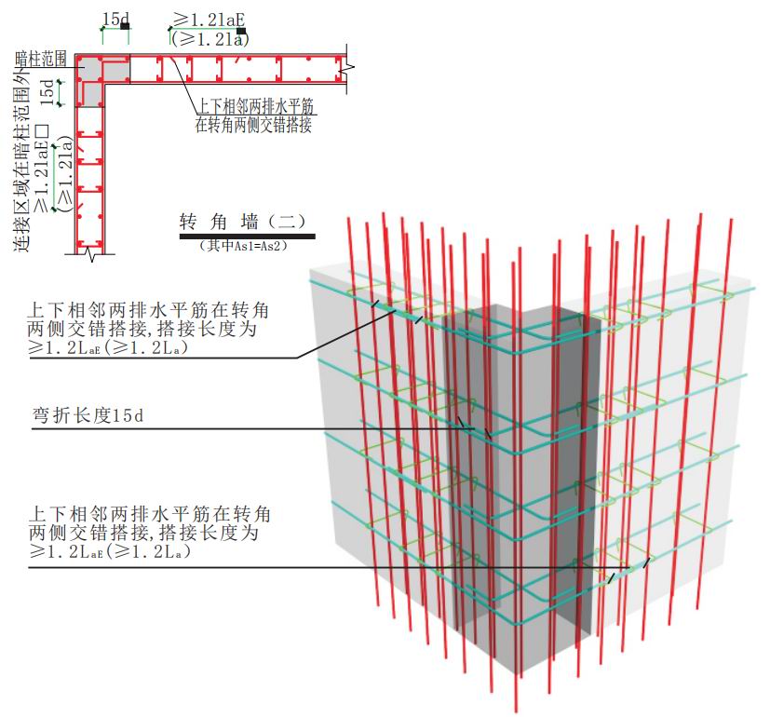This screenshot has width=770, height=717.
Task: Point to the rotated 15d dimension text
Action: pyautogui.click(x=47, y=92)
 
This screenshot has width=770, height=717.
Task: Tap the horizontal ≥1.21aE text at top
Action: pyautogui.click(x=209, y=20)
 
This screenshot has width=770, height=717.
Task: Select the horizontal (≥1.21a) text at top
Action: pyautogui.click(x=209, y=38)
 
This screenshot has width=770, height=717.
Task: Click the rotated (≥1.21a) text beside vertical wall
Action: pyautogui.click(x=65, y=174)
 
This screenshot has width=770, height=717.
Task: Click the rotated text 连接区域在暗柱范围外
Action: pyautogui.click(x=22, y=156)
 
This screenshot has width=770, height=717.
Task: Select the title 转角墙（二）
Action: pyautogui.click(x=243, y=222)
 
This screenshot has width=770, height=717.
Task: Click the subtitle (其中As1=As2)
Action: pyautogui.click(x=244, y=246)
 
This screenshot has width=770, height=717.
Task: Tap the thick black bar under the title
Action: pyautogui.click(x=247, y=237)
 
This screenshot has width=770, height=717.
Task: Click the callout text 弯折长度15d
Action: pyautogui.click(x=88, y=416)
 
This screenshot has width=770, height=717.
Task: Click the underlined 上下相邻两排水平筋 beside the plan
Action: pyautogui.click(x=255, y=106)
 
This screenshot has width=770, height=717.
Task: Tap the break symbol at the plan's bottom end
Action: pyautogui.click(x=90, y=254)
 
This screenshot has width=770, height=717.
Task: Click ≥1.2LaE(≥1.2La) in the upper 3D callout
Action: pyautogui.click(x=108, y=347)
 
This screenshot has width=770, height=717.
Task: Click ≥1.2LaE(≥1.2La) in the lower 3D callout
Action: pyautogui.click(x=110, y=551)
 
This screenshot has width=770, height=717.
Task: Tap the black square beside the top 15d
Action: pyautogui.click(x=125, y=25)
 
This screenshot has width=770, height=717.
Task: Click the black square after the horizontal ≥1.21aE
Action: pyautogui.click(x=240, y=31)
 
